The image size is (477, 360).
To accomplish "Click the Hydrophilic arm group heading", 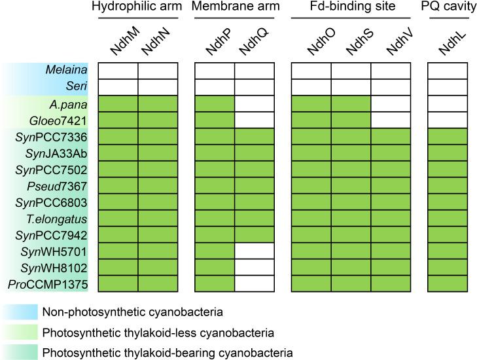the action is pyautogui.click(x=137, y=7).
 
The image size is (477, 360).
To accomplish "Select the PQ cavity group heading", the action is pyautogui.click(x=452, y=7).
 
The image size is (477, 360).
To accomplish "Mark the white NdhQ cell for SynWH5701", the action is pyautogui.click(x=255, y=251).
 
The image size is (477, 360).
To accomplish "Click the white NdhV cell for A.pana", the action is pyautogui.click(x=391, y=103).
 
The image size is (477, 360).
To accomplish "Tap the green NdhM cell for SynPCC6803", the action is pyautogui.click(x=118, y=202).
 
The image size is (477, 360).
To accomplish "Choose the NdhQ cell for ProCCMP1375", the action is pyautogui.click(x=255, y=283).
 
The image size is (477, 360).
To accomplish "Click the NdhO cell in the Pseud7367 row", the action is pyautogui.click(x=311, y=185).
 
